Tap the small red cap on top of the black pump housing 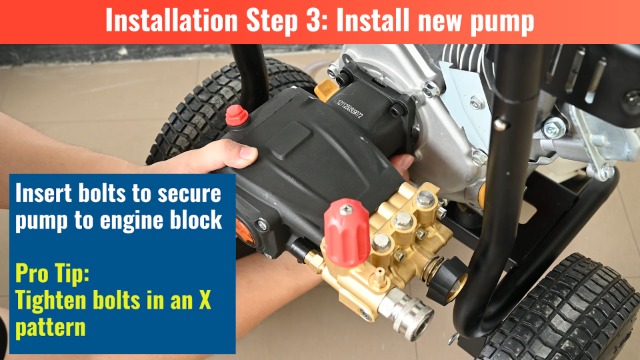pyautogui.click(x=237, y=117)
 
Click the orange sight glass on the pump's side pyautogui.click(x=243, y=227)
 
